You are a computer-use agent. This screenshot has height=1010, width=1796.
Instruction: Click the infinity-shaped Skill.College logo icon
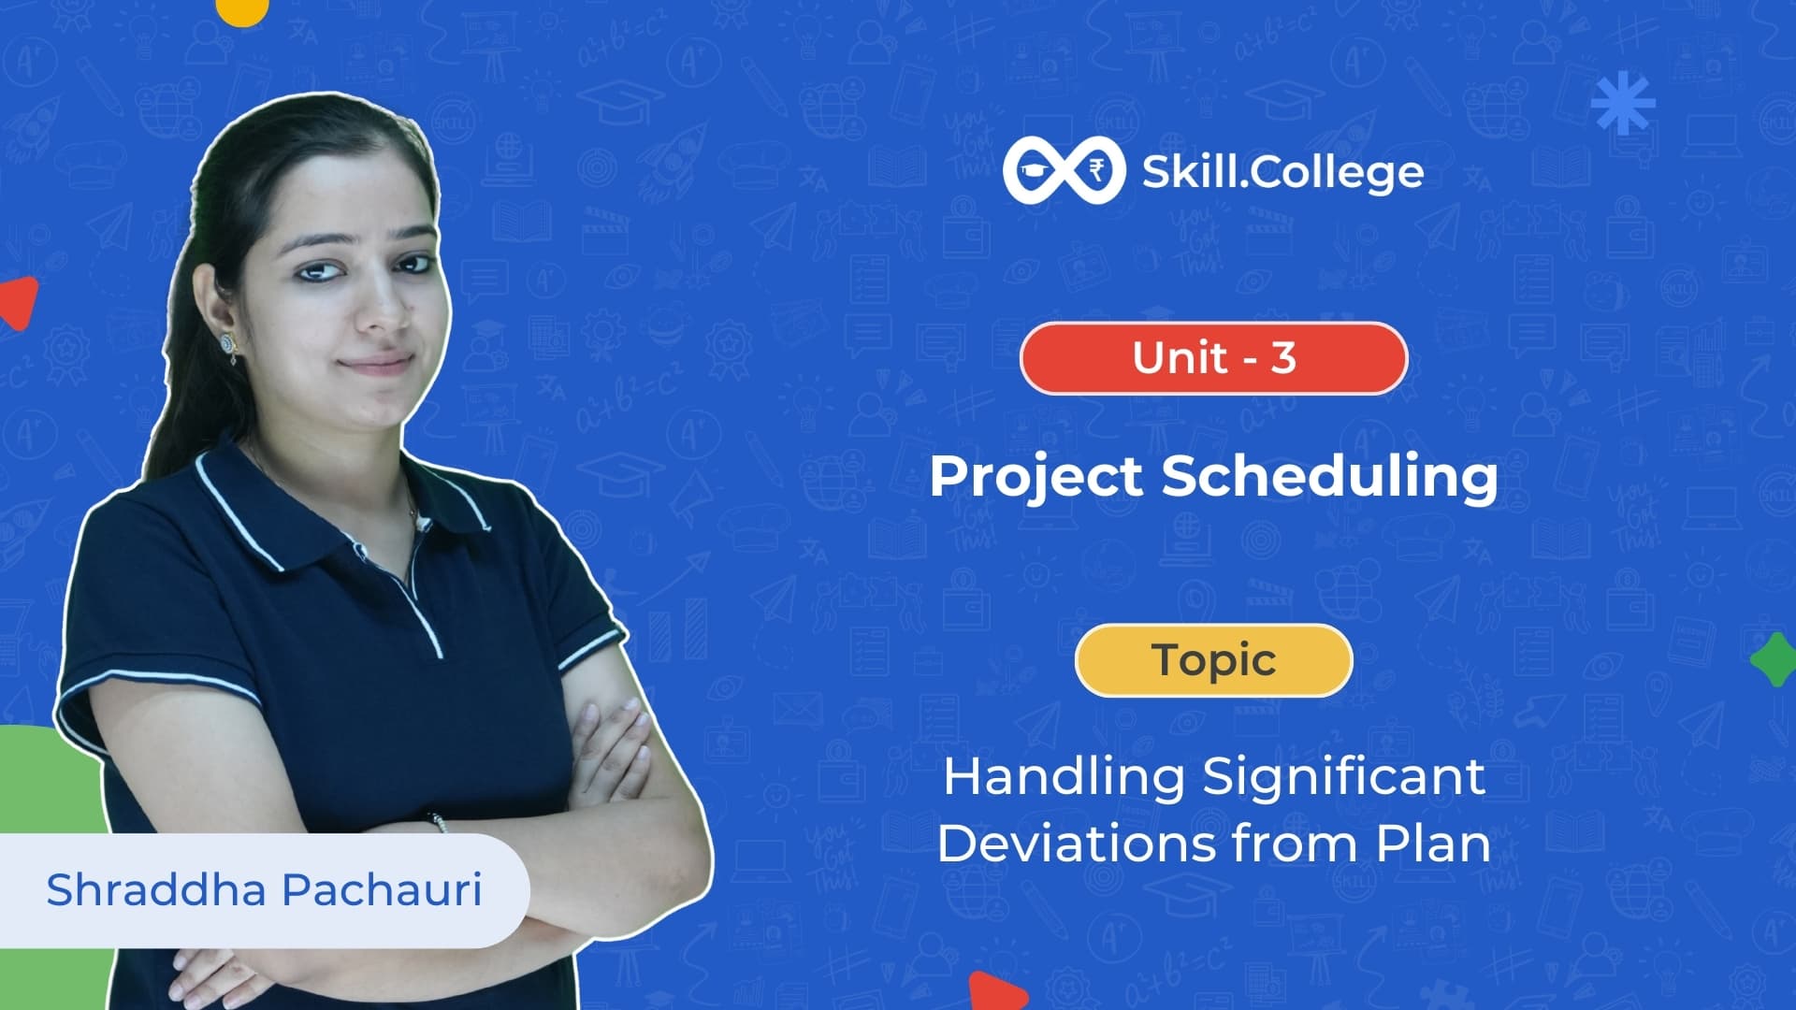1064,170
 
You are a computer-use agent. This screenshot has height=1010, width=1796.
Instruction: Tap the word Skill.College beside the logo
1282,172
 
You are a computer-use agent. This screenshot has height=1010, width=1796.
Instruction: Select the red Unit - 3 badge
1213,358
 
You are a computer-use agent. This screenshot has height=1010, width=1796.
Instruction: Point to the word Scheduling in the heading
1329,477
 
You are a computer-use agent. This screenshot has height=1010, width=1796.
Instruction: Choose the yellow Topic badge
1213,660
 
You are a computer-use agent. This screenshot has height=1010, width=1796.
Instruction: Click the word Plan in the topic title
1432,844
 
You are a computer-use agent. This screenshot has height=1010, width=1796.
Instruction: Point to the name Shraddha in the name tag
156,889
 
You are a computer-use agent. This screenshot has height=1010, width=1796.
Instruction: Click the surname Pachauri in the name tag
382,889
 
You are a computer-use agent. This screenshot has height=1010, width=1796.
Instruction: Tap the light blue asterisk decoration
1623,102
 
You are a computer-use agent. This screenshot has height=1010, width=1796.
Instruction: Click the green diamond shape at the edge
1774,659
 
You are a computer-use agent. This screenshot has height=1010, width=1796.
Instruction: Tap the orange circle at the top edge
241,9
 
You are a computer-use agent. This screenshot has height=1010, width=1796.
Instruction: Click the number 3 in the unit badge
1283,358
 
